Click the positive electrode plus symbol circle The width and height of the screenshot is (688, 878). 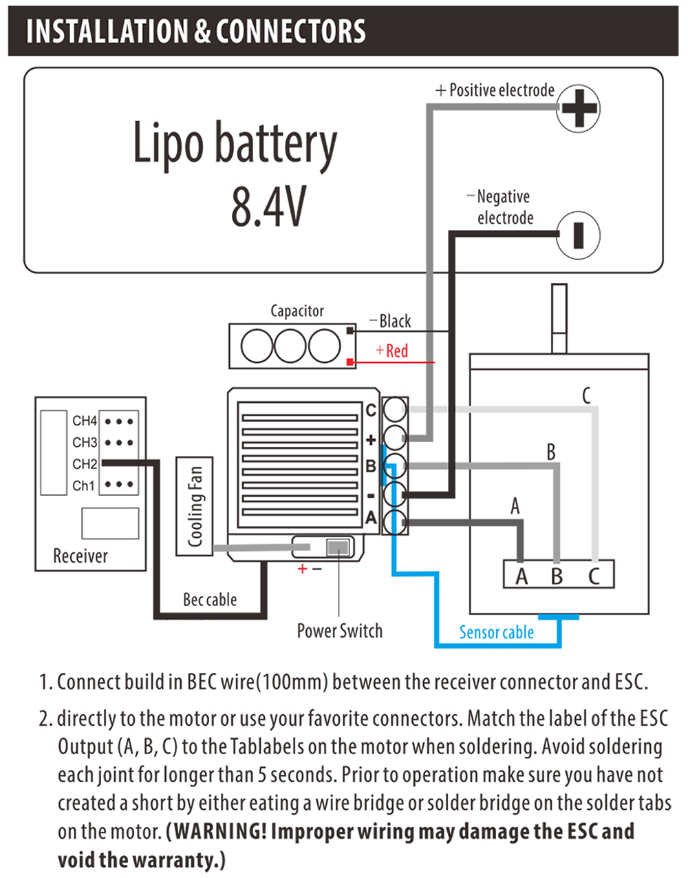(x=578, y=108)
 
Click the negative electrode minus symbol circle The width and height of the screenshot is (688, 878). (x=578, y=235)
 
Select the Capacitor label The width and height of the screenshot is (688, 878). (x=297, y=311)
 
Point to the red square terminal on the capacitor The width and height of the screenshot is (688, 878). (x=350, y=362)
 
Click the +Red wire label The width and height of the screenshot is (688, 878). (x=392, y=351)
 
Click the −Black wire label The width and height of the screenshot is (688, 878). (x=390, y=321)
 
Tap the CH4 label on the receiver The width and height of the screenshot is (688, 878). (x=85, y=420)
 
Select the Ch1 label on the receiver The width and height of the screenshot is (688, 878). (x=83, y=485)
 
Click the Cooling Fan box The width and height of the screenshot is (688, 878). (x=195, y=506)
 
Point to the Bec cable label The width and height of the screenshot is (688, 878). (x=209, y=600)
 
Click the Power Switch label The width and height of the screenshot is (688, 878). (x=339, y=631)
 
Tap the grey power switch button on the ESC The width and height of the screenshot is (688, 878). (x=337, y=547)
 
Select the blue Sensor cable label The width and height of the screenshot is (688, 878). (x=496, y=632)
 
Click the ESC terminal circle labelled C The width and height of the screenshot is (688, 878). (x=394, y=410)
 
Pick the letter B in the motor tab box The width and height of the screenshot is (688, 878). (x=557, y=576)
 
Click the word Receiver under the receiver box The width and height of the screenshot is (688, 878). (x=80, y=556)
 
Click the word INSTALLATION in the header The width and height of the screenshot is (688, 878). (x=107, y=32)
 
